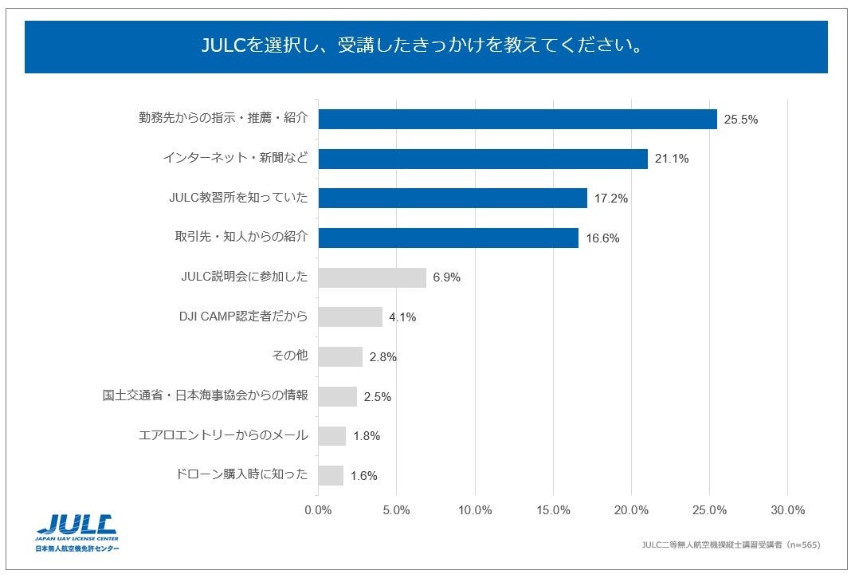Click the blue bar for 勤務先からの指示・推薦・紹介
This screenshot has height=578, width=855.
(517, 120)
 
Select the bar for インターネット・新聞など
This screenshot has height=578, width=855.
(483, 159)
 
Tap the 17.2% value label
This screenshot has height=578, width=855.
(611, 199)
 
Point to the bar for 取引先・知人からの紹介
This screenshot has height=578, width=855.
(448, 238)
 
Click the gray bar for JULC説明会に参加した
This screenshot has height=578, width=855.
(372, 277)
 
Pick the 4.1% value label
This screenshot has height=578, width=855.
(402, 317)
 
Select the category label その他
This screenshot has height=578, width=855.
(290, 356)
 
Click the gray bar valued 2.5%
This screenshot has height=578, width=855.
(337, 396)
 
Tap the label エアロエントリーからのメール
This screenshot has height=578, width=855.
(223, 435)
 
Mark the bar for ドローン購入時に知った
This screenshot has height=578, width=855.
(331, 475)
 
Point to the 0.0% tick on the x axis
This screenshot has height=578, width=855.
(318, 510)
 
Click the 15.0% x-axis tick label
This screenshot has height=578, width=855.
(553, 510)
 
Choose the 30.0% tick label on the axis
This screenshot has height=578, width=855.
(788, 510)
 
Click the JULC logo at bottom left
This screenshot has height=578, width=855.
(77, 532)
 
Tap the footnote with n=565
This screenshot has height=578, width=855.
(730, 545)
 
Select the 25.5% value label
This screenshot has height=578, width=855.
(740, 120)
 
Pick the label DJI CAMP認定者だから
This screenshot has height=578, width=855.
(243, 317)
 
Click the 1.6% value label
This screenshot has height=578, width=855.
(363, 476)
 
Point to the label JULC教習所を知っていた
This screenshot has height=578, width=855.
(238, 198)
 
